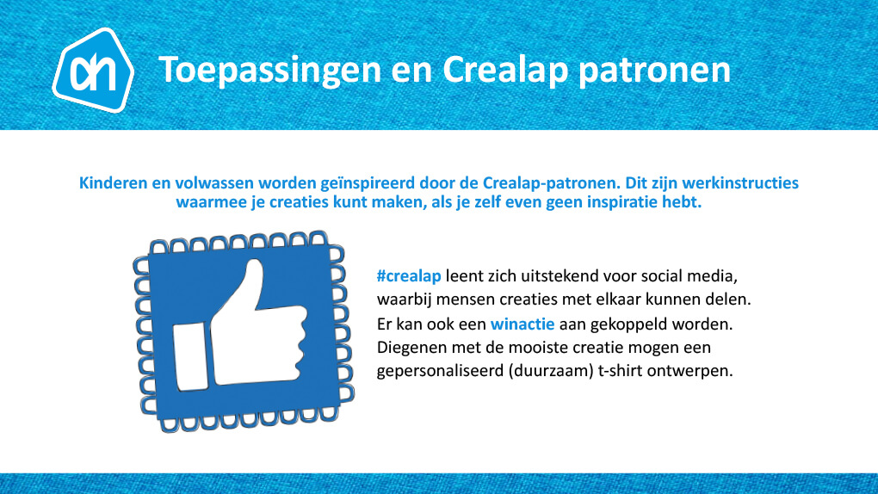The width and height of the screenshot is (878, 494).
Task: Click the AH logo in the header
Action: [93, 70]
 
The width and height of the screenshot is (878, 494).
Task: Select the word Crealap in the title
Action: [505, 70]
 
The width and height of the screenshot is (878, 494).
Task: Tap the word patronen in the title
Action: [654, 71]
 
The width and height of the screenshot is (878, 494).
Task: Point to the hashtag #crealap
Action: [409, 276]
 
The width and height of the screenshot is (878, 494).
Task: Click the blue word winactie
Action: [522, 324]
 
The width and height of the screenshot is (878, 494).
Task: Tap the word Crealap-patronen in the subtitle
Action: [551, 183]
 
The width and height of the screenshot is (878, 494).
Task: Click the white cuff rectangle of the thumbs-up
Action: [190, 357]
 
